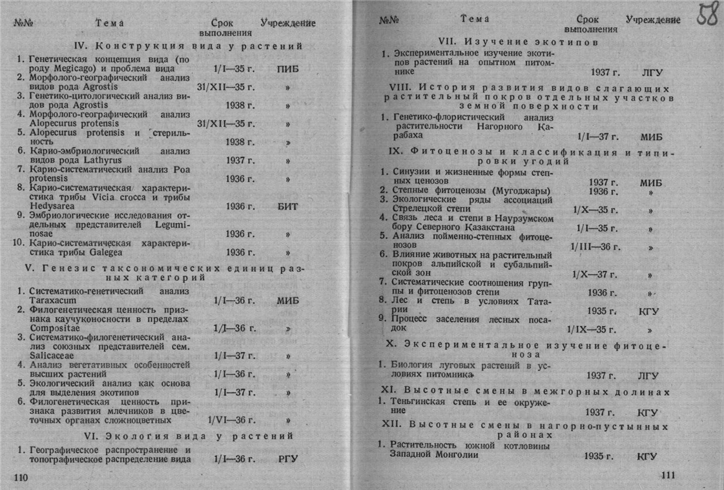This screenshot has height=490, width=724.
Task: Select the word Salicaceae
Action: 51,355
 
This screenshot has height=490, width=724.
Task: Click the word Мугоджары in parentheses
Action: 519,191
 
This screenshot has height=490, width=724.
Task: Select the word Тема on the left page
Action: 109,23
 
